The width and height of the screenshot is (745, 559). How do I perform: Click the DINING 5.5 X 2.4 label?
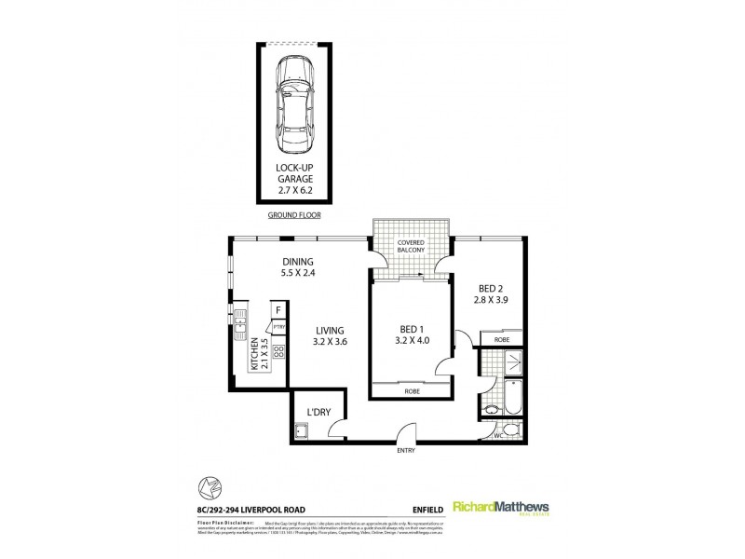298,267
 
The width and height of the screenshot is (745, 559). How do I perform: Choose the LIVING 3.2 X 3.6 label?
330,336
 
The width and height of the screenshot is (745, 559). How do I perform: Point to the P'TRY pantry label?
278,326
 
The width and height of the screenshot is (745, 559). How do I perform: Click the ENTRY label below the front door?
406,452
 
